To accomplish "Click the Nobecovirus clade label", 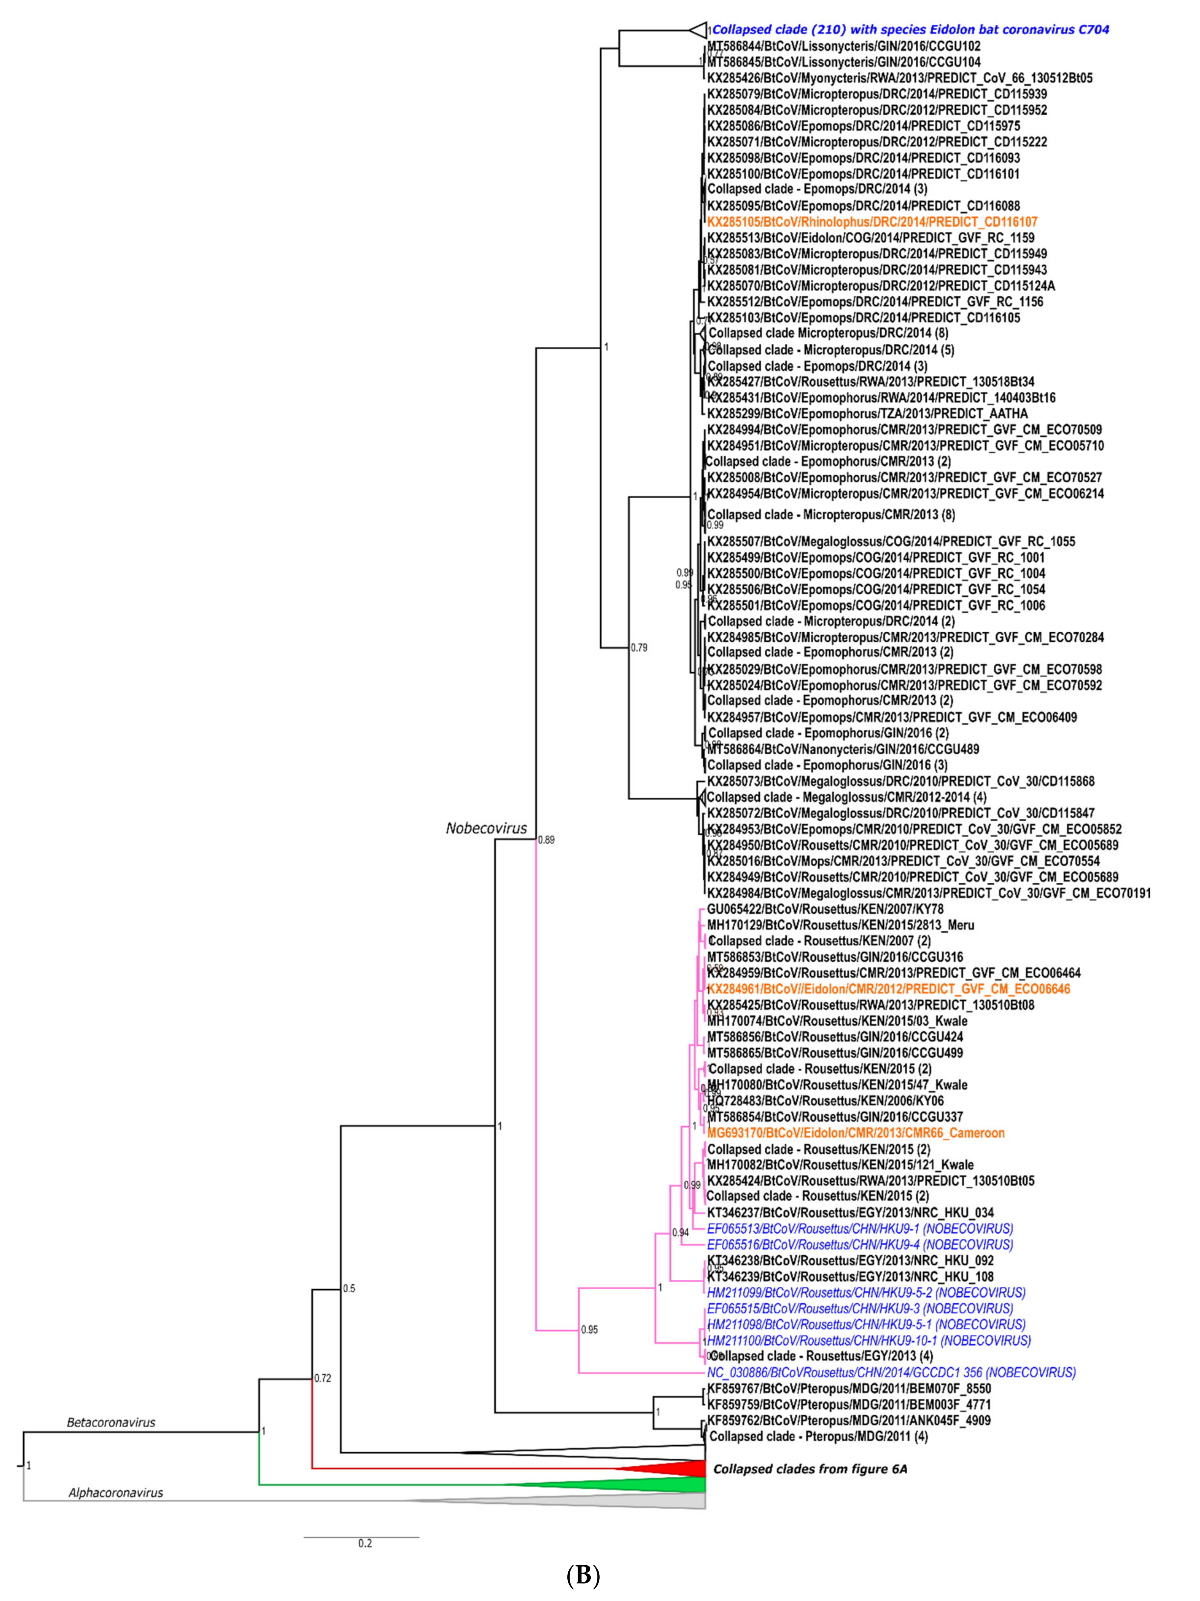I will pyautogui.click(x=486, y=828).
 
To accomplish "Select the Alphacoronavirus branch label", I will pyautogui.click(x=116, y=1492).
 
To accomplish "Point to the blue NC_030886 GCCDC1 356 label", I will pyautogui.click(x=891, y=1371).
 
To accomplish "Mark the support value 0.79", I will pyautogui.click(x=639, y=648).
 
